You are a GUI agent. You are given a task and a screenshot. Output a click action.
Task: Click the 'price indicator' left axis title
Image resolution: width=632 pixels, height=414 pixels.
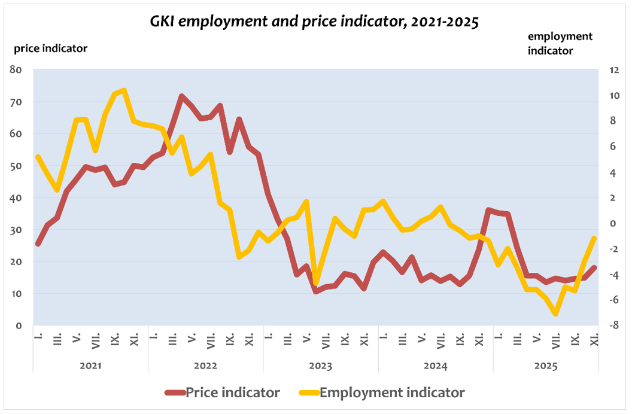coord(51,48)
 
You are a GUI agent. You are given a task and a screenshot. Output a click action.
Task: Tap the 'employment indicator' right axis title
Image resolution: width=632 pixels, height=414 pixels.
coord(560,44)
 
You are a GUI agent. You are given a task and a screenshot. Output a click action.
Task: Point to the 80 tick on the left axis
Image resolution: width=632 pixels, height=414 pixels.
coord(16,70)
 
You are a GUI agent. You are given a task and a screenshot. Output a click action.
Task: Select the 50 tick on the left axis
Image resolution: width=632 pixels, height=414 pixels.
coord(16,166)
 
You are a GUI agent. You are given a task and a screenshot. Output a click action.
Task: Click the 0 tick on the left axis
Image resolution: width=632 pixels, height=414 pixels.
coord(19,325)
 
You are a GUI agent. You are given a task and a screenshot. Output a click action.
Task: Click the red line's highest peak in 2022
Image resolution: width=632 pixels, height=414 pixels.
coord(181,96)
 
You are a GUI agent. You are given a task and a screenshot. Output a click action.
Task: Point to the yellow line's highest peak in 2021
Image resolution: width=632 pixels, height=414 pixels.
coord(124,90)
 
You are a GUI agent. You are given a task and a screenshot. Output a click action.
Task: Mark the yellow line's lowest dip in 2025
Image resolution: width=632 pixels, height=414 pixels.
coord(556,313)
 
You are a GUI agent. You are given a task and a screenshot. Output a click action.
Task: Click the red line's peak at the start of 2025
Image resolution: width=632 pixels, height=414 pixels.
coord(489,210)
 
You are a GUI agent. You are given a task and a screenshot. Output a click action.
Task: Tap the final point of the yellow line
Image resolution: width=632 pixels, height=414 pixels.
coord(594,238)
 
